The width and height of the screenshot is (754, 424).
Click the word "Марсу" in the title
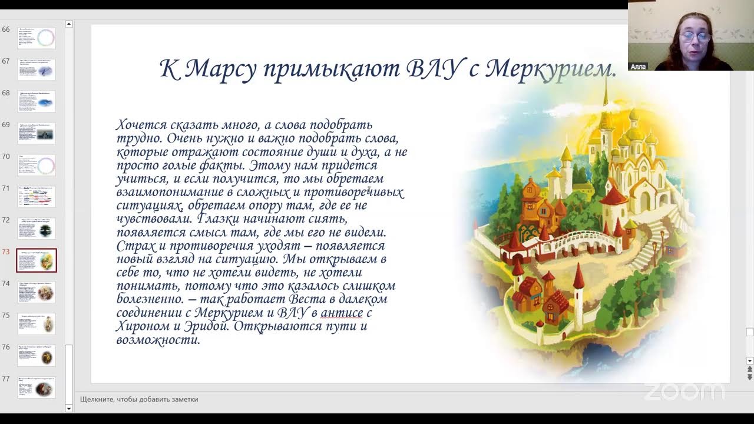click(220, 69)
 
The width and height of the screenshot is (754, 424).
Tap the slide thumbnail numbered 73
click(37, 260)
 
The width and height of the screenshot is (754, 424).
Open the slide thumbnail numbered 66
click(37, 38)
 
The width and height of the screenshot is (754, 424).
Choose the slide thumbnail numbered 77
click(37, 387)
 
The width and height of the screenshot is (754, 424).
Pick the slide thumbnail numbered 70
click(37, 165)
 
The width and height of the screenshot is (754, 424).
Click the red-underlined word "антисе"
click(342, 313)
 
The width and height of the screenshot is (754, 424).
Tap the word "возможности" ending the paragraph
click(158, 340)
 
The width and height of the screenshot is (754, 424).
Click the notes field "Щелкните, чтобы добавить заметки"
click(139, 399)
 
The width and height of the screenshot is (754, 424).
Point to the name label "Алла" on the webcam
click(638, 67)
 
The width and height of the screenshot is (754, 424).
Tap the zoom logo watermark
click(683, 392)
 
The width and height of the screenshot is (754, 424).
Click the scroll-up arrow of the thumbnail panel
click(69, 24)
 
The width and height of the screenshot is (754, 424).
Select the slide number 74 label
click(6, 283)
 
